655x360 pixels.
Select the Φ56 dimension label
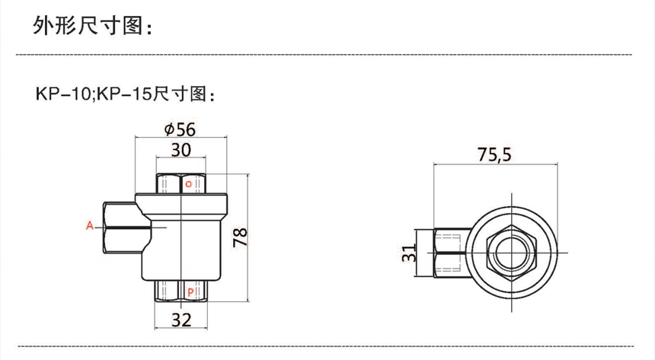coord(180,129)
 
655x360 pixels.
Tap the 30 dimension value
coord(180,150)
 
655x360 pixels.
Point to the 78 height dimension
coord(241,239)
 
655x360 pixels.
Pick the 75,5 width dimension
coord(494,155)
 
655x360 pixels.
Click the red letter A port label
coord(89,226)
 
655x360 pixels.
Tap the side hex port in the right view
coord(449,253)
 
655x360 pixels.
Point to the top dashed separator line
coord(327,56)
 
